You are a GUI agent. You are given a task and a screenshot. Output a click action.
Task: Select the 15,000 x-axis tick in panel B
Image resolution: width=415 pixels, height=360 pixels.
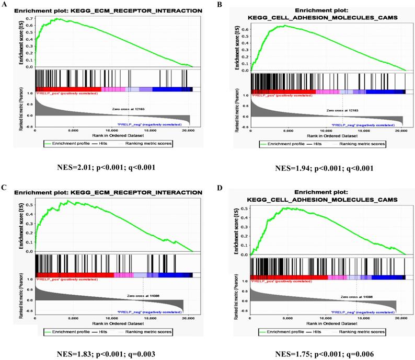click(364, 134)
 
